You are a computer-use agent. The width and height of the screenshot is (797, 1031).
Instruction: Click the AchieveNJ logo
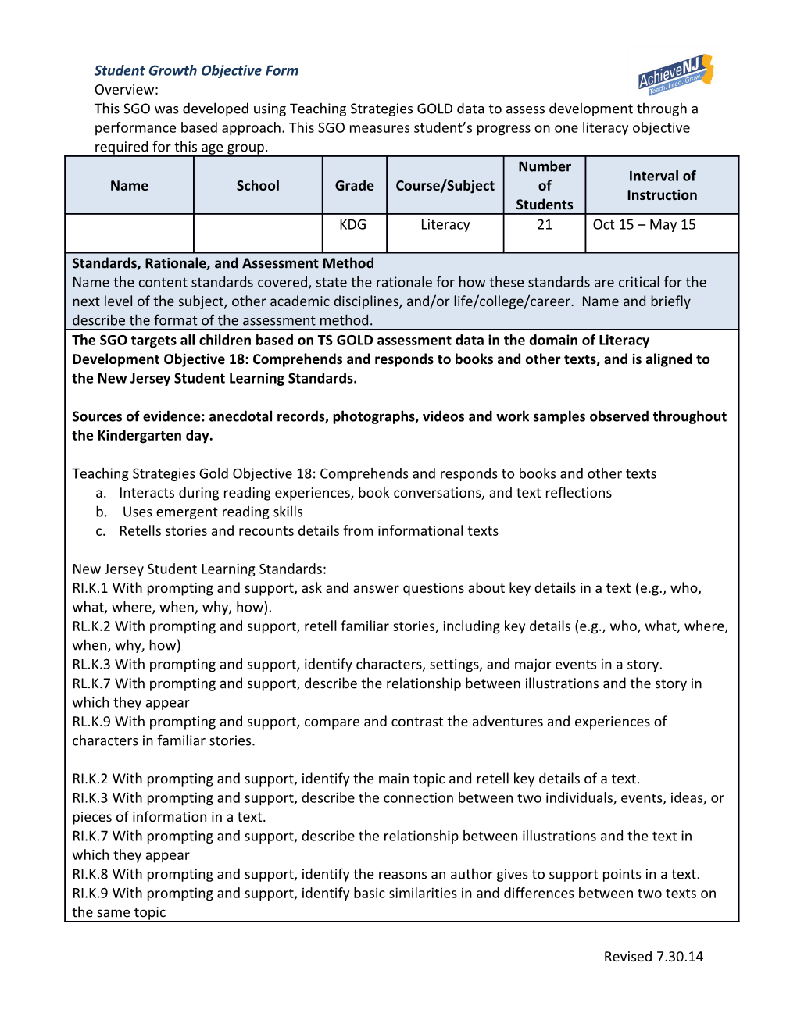(x=675, y=74)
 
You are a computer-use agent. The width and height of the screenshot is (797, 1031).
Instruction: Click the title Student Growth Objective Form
(x=196, y=70)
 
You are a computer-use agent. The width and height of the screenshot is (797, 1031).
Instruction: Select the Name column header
(x=129, y=186)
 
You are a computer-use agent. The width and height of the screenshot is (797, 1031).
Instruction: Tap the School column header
(x=258, y=186)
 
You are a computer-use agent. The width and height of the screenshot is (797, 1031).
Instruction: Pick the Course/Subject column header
(x=445, y=186)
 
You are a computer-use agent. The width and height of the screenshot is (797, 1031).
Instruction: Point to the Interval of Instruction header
(x=662, y=186)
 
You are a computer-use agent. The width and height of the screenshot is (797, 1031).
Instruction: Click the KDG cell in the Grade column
(x=353, y=225)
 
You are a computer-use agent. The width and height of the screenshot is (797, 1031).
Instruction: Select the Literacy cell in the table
(x=445, y=225)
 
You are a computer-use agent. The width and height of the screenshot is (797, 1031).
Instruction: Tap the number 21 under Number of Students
(x=545, y=225)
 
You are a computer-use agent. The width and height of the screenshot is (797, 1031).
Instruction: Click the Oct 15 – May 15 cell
(x=644, y=225)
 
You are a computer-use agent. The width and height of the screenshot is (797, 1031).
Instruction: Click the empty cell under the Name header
(x=129, y=234)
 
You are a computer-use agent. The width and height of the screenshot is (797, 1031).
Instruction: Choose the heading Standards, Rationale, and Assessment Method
(x=223, y=263)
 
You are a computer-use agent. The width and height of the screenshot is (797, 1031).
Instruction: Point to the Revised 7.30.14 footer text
(x=653, y=957)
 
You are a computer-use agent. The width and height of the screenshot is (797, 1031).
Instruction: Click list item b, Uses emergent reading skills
(x=212, y=512)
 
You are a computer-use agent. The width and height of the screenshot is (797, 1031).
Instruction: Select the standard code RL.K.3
(x=91, y=665)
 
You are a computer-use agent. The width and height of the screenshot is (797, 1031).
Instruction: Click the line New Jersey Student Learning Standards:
(x=199, y=569)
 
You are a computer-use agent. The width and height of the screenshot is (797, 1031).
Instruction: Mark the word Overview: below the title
(x=126, y=90)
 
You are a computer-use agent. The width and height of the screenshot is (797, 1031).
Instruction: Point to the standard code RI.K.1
(x=90, y=589)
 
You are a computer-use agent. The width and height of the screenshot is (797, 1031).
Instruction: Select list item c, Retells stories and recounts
(x=308, y=531)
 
